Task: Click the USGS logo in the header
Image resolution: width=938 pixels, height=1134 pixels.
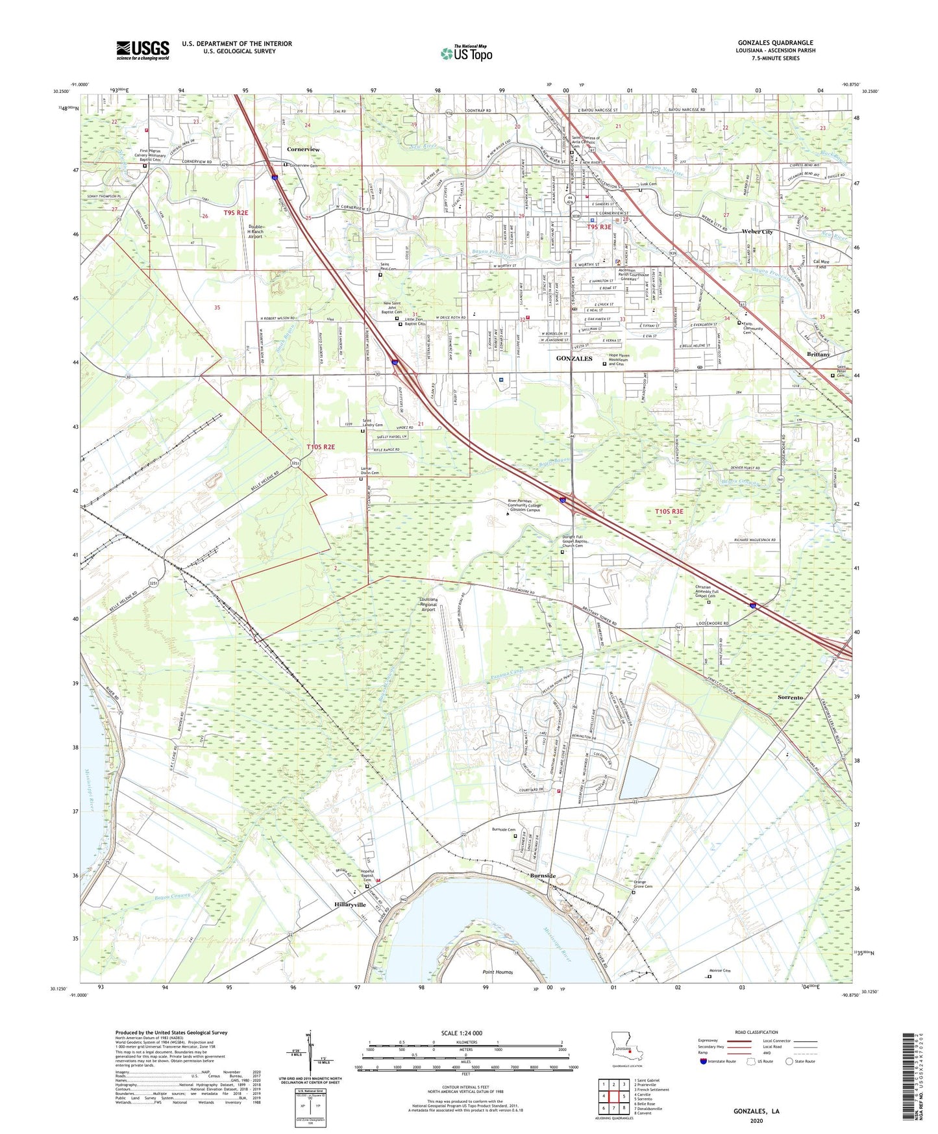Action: tap(143, 50)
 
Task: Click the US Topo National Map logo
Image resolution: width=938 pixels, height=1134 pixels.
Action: tap(467, 53)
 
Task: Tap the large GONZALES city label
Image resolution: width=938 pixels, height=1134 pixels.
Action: tap(574, 359)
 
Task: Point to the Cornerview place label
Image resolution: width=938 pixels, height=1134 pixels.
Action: tap(303, 149)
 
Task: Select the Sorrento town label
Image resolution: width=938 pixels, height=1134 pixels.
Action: tap(790, 697)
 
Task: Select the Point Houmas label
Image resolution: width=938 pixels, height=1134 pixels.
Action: tap(498, 972)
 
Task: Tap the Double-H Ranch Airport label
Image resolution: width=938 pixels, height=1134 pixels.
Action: tap(255, 232)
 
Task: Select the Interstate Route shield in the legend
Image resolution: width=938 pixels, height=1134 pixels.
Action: tap(704, 1061)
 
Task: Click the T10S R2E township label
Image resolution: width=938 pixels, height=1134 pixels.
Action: tap(321, 447)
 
